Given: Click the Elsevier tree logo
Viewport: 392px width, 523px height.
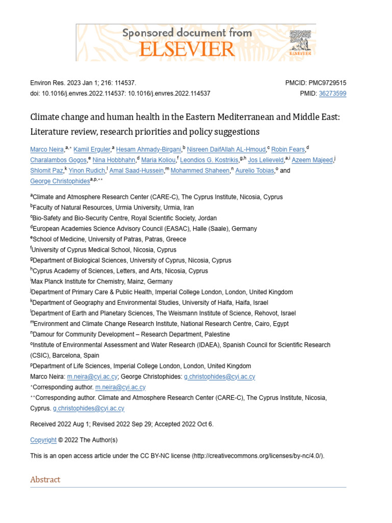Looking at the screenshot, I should pyautogui.click(x=300, y=42).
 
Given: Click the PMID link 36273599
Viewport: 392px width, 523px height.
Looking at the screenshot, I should pyautogui.click(x=332, y=93).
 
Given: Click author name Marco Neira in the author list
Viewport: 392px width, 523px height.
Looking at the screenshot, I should pyautogui.click(x=47, y=149).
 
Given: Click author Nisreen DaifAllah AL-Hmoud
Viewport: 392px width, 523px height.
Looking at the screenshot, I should pyautogui.click(x=226, y=149).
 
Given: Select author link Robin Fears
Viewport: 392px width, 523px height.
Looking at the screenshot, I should pyautogui.click(x=288, y=149).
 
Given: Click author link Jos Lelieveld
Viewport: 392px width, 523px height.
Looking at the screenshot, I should pyautogui.click(x=265, y=160).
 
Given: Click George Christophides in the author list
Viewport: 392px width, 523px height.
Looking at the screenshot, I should pyautogui.click(x=60, y=181).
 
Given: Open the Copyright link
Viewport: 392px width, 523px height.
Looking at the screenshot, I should pyautogui.click(x=43, y=440).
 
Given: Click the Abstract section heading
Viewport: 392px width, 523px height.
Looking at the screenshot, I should pyautogui.click(x=45, y=480).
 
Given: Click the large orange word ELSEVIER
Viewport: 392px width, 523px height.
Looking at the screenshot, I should pyautogui.click(x=187, y=49).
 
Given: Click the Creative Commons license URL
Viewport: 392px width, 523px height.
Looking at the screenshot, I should pyautogui.click(x=258, y=456).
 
